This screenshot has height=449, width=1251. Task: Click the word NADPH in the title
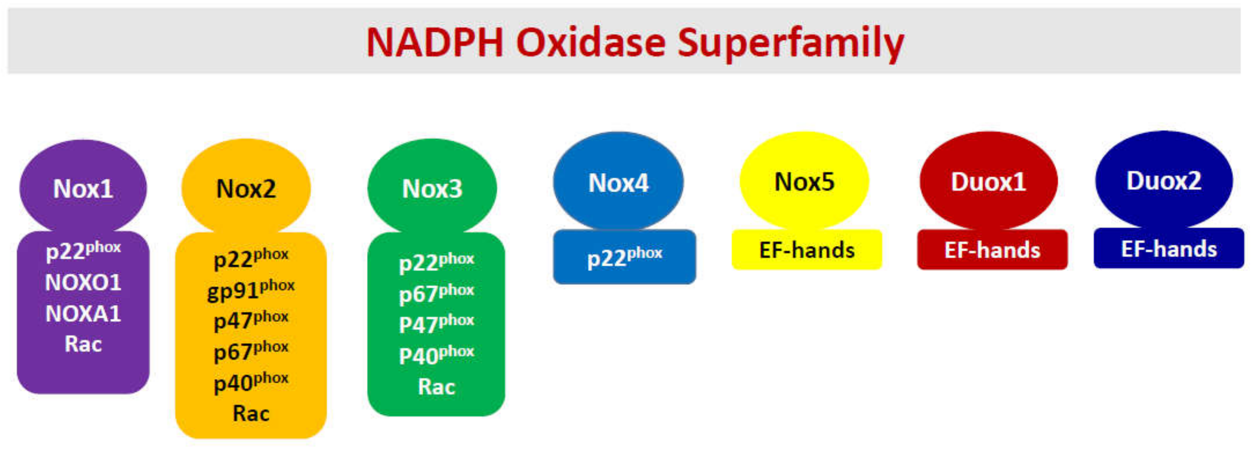tap(435, 43)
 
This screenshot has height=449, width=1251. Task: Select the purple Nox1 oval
tap(83, 188)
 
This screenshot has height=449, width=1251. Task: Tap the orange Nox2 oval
tap(246, 188)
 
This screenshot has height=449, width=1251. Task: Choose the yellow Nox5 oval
tap(804, 181)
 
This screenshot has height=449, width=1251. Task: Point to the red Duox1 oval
tap(988, 181)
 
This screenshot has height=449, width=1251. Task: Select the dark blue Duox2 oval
tap(1164, 180)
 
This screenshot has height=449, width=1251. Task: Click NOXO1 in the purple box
tap(83, 282)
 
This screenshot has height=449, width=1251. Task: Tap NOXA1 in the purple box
tap(83, 313)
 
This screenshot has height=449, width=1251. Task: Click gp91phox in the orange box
tap(251, 290)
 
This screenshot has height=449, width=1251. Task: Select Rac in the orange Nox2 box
tap(251, 413)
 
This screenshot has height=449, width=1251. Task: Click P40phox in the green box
tap(436, 355)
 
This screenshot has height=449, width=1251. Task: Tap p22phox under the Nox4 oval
tap(624, 257)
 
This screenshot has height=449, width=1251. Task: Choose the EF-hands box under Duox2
tap(1168, 248)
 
